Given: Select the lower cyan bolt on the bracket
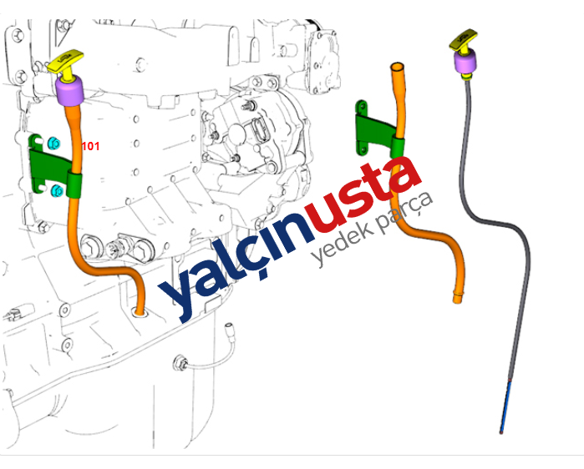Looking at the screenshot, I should point(56,191).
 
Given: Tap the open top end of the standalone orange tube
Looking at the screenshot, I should point(396,65).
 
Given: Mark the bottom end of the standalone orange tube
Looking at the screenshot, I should point(456,298).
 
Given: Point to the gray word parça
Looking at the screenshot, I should point(406,215).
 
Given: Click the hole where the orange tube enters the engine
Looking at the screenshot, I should point(140,314).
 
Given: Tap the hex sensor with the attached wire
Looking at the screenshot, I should point(179,363).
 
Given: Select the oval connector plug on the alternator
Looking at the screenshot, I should point(260,134).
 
